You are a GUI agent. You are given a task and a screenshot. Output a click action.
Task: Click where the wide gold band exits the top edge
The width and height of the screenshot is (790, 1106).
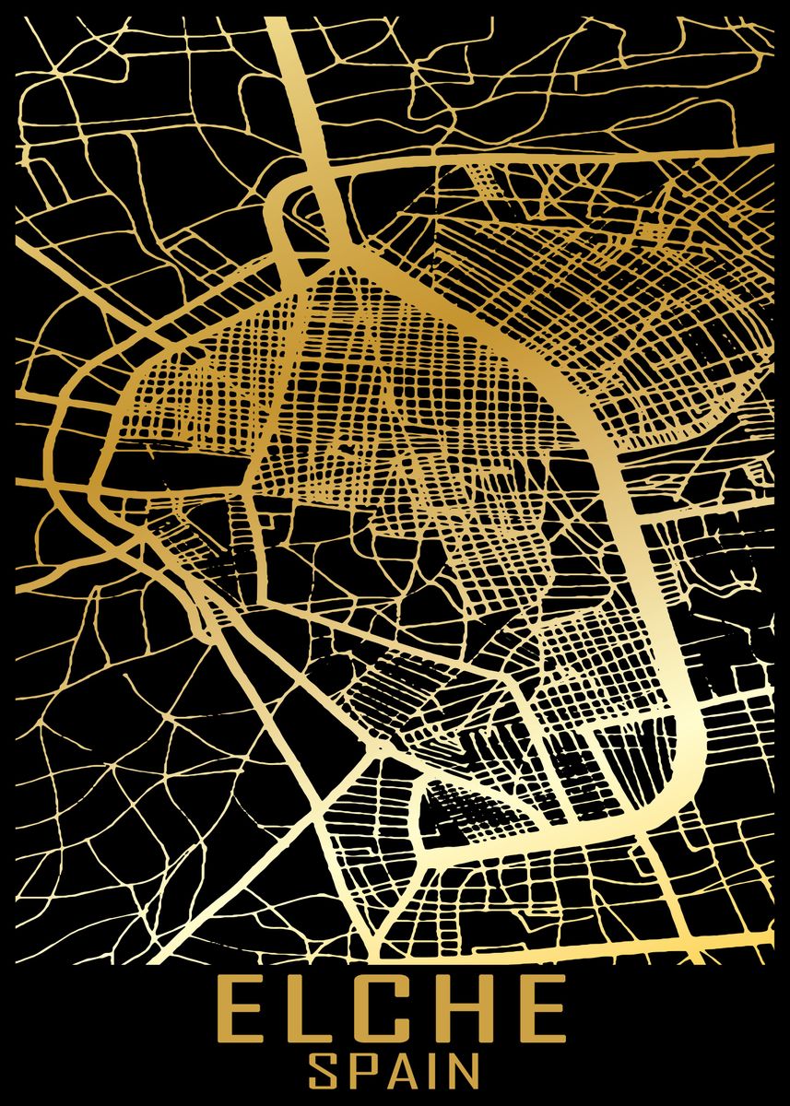point(282,22)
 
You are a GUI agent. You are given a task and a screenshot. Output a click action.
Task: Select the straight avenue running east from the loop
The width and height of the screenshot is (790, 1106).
point(553,161)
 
